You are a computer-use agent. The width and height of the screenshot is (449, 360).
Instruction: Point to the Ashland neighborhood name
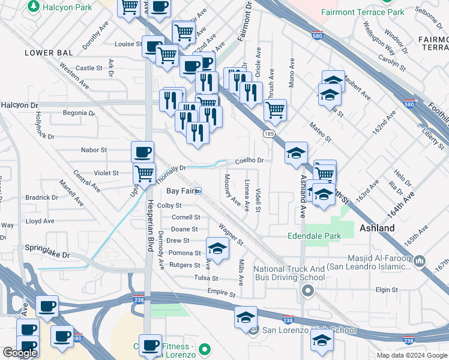click(x=376, y=228)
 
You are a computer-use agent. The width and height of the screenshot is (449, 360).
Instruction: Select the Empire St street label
click(x=221, y=293)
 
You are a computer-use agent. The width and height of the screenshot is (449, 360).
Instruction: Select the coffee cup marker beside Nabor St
click(x=142, y=152)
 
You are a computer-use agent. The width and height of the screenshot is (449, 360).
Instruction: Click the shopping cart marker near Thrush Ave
click(x=275, y=110)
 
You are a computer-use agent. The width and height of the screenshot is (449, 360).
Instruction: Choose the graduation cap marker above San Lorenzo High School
click(x=246, y=317)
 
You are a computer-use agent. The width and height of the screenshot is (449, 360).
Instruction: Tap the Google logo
click(x=20, y=353)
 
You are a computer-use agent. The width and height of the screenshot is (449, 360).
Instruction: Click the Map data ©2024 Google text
click(x=412, y=355)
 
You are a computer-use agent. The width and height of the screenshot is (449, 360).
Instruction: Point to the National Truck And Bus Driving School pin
click(x=308, y=292)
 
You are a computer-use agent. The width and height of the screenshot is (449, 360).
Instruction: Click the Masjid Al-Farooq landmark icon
click(x=420, y=262)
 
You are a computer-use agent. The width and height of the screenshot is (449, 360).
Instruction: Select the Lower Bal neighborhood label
click(x=49, y=53)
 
